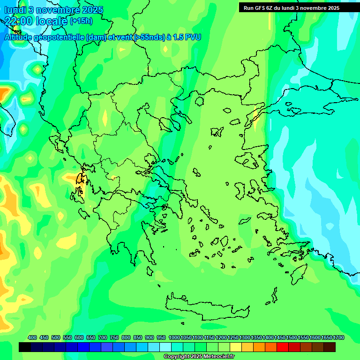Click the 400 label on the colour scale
32,337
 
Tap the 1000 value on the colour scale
174,337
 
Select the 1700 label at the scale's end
338,337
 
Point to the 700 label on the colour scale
103,337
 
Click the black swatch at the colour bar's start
25,347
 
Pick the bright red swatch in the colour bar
283,347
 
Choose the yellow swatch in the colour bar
236,347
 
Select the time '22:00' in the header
19,21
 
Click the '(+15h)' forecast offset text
81,21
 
